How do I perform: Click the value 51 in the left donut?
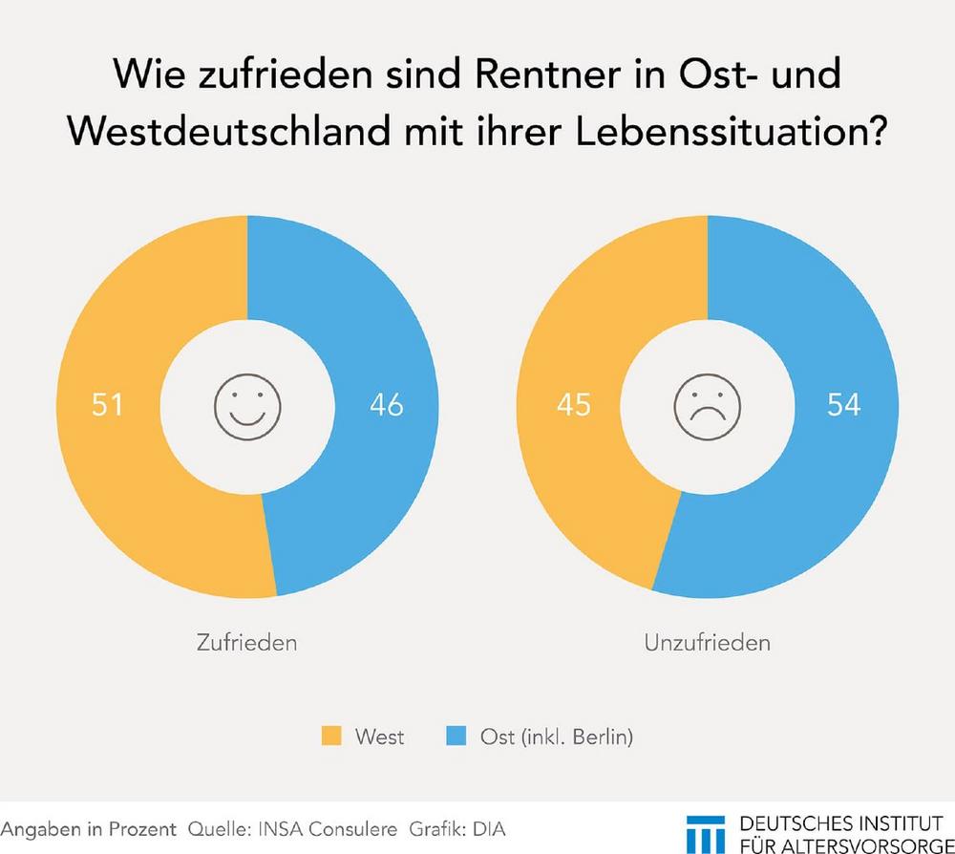107,405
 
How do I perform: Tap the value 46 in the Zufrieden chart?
386,405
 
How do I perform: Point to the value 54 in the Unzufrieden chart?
842,405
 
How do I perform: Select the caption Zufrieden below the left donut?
246,642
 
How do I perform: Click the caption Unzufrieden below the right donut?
708,642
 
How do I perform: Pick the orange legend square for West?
330,737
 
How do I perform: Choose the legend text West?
379,737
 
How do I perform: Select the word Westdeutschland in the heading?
221,133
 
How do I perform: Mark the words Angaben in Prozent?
88,827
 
